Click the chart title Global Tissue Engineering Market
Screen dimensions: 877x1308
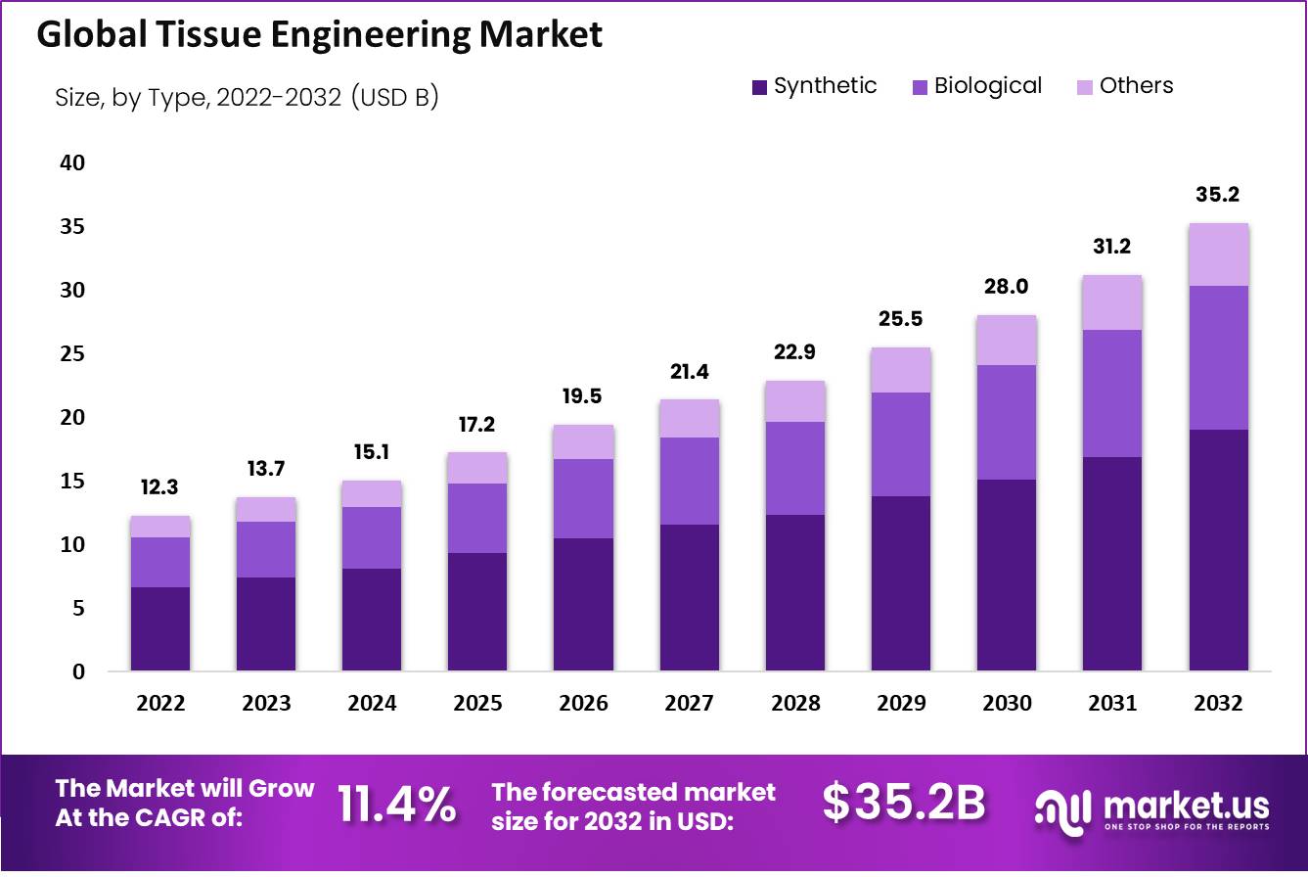319,35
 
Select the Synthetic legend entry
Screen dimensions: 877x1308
825,86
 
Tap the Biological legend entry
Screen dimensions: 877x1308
987,86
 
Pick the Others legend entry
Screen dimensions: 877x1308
1136,86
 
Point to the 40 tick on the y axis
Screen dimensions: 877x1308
72,162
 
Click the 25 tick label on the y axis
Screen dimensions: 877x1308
72,353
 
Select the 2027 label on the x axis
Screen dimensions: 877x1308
690,703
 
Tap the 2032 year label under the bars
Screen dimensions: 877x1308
1218,703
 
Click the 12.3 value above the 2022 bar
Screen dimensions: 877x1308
160,487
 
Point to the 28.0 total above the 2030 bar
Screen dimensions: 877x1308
1007,287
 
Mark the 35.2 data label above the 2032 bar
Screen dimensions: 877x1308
1218,195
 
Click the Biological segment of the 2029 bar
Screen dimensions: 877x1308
901,444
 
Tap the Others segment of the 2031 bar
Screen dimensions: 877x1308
1112,302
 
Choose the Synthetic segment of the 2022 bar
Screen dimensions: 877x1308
160,628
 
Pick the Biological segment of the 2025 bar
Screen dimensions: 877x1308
477,518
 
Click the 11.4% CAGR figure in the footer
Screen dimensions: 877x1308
396,804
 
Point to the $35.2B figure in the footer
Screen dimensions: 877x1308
903,804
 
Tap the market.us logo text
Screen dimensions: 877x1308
1185,806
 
